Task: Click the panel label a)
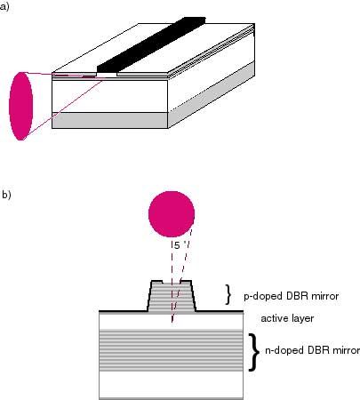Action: coord(4,6)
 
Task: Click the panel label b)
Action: coord(6,195)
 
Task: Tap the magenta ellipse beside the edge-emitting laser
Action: coord(21,106)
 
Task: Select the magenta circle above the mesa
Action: coord(172,214)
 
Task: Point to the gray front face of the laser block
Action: coord(110,120)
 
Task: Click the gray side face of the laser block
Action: coord(212,95)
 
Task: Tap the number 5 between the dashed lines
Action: coord(177,245)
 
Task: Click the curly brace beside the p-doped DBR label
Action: coord(228,294)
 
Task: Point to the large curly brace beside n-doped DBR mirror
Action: coord(253,352)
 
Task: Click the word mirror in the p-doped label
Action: coord(324,296)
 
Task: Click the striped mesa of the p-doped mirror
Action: coord(172,296)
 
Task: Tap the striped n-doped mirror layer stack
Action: coord(171,350)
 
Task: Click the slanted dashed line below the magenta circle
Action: coord(182,276)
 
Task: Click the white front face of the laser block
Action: coord(110,96)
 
